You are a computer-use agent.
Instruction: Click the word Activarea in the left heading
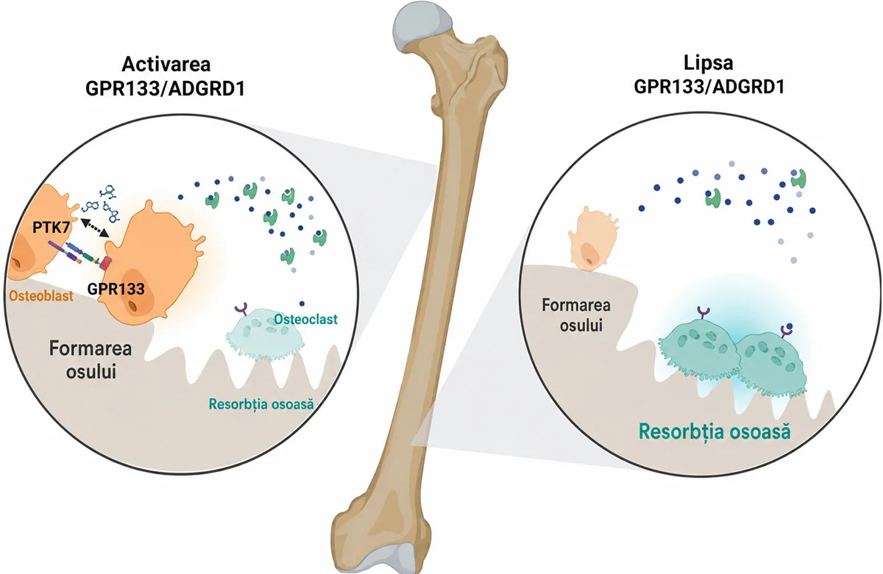click(x=166, y=65)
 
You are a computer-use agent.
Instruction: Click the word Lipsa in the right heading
click(x=709, y=63)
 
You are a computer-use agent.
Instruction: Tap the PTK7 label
click(x=52, y=227)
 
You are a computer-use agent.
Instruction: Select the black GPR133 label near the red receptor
click(x=116, y=289)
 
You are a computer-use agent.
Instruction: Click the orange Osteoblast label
click(x=41, y=295)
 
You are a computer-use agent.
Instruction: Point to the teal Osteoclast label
click(x=306, y=319)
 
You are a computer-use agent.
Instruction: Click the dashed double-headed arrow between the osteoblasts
click(x=95, y=228)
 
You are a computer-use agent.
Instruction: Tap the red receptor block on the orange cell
click(x=106, y=263)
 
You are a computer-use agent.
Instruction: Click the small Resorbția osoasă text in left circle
click(x=261, y=404)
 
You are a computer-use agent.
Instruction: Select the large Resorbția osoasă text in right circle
click(x=714, y=431)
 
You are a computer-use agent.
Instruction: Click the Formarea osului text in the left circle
click(x=91, y=360)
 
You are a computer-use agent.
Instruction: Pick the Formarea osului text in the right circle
click(x=576, y=315)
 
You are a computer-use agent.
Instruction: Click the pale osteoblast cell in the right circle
click(x=592, y=239)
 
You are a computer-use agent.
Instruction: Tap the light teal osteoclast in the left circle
click(x=265, y=334)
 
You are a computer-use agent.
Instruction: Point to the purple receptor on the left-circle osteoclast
click(x=241, y=308)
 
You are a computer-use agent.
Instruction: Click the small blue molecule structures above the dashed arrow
click(x=102, y=204)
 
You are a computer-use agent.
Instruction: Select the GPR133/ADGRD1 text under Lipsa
click(x=709, y=87)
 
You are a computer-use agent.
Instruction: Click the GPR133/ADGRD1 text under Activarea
click(x=165, y=88)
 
